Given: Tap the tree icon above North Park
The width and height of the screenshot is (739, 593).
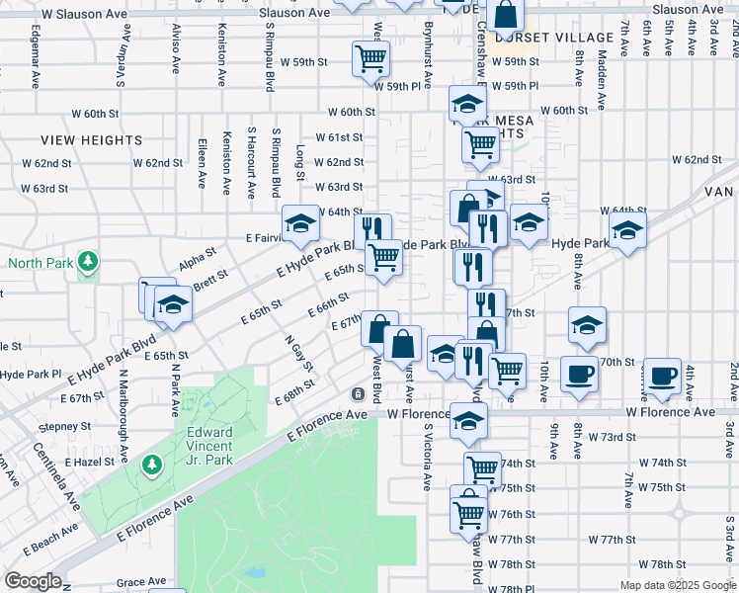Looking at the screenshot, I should (90, 261).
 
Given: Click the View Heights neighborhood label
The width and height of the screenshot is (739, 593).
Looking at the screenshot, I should (92, 140).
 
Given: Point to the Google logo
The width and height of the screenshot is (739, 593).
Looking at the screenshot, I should (33, 581).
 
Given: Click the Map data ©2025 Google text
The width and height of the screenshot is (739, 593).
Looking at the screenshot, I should (679, 585).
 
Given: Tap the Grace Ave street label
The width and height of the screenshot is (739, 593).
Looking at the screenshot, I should (141, 583).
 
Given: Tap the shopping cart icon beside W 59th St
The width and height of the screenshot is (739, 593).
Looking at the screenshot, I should (370, 58).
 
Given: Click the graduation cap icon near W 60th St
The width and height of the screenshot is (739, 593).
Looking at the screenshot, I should (467, 103).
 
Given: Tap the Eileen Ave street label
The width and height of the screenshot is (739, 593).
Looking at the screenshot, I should (203, 163).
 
